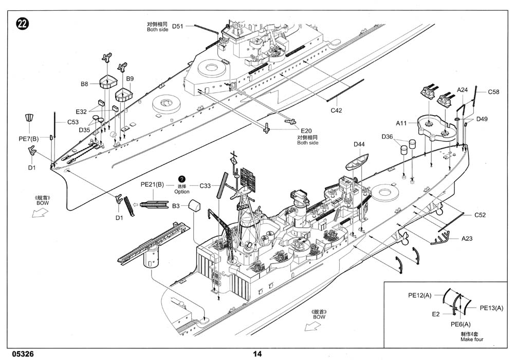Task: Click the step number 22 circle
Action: point(23,24)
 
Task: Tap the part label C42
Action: point(336,110)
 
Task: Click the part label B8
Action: point(85,84)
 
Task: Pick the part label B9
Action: point(130,79)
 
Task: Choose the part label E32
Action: point(81,111)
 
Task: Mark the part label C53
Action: point(72,122)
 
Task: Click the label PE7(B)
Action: point(28,139)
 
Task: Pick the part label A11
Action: point(401,123)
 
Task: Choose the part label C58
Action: point(493,92)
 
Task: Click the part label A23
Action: point(467,238)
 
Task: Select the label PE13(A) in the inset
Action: point(491,308)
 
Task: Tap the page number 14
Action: point(257,354)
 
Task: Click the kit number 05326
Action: point(22,354)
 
